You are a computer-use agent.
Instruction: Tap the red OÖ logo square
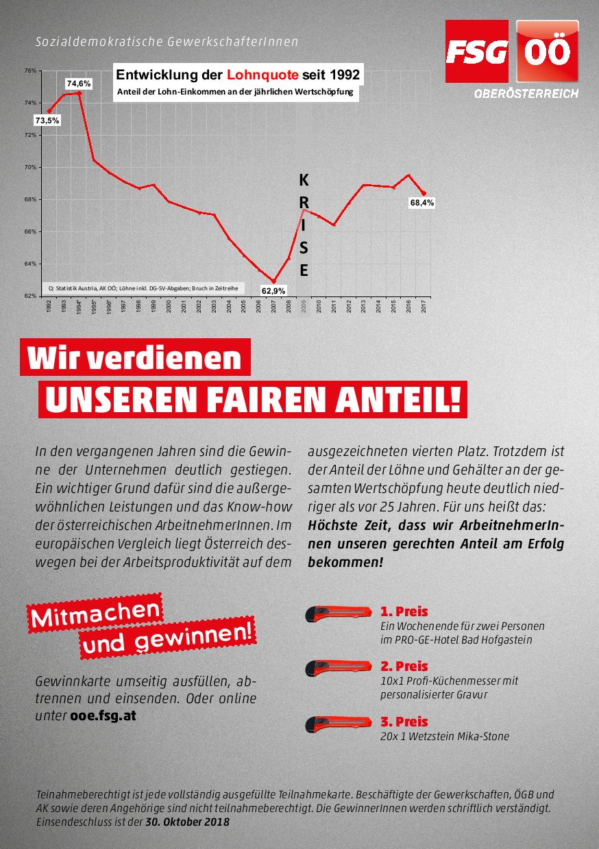click(x=546, y=51)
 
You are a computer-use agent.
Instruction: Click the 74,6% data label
click(x=78, y=83)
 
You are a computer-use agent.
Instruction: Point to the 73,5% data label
click(x=47, y=120)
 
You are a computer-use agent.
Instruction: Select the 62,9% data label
click(x=273, y=291)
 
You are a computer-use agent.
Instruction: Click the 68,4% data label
click(x=421, y=203)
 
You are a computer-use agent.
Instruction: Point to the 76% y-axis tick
click(x=30, y=71)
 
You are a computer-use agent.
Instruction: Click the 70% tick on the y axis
click(x=30, y=167)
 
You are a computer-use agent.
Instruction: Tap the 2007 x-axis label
click(x=273, y=306)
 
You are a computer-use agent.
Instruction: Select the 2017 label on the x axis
click(x=424, y=306)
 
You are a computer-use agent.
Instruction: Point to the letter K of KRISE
click(x=304, y=181)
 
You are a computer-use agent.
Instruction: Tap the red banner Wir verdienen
click(x=134, y=359)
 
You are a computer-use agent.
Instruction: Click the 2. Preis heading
click(x=404, y=666)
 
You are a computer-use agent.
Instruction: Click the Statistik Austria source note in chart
click(x=143, y=288)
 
